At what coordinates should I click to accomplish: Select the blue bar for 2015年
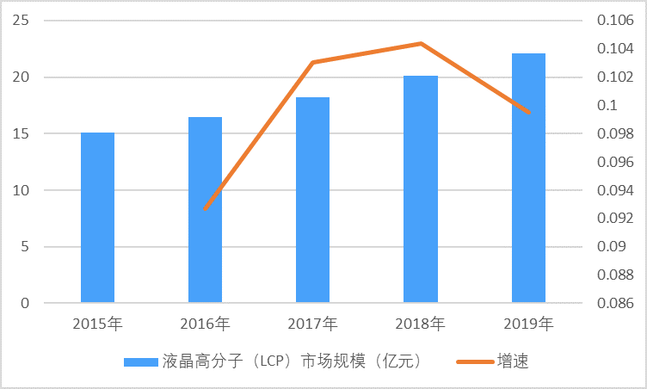tap(97, 218)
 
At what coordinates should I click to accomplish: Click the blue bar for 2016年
tap(205, 210)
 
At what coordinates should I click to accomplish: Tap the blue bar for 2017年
tap(312, 200)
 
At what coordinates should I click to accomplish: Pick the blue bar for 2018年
tap(421, 189)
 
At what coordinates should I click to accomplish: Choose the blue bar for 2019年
tap(528, 178)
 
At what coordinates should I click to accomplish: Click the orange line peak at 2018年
tap(421, 43)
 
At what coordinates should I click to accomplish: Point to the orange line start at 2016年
tap(205, 209)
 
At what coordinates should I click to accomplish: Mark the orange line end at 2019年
tap(528, 113)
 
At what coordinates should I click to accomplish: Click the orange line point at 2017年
tap(312, 62)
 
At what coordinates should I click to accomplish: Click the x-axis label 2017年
tap(312, 324)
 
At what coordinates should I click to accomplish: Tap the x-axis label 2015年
tap(97, 324)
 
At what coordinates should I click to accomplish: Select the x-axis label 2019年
tap(528, 324)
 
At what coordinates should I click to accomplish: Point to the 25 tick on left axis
tap(21, 21)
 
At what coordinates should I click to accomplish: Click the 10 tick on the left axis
tap(21, 190)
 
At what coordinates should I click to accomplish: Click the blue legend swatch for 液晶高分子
tap(140, 361)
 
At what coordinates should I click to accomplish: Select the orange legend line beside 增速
tap(472, 361)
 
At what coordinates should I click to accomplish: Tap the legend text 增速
tap(513, 361)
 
